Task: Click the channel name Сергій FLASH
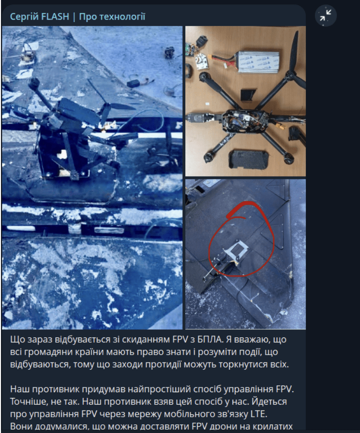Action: tap(39, 17)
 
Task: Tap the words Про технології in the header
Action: tap(112, 17)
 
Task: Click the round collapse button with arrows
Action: tap(326, 15)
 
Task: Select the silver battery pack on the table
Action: tap(258, 61)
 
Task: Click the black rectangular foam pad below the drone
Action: tap(248, 160)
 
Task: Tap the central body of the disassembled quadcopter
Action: tap(245, 121)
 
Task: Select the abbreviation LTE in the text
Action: tap(259, 414)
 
